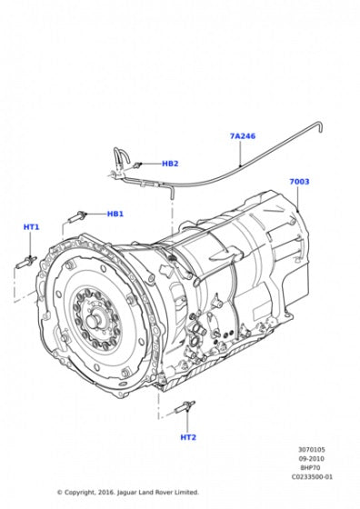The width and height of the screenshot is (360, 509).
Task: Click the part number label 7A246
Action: (x=242, y=136)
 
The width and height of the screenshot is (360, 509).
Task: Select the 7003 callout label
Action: (x=299, y=182)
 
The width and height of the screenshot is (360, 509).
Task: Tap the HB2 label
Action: (x=170, y=164)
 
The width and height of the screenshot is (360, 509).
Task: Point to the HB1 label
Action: (x=115, y=215)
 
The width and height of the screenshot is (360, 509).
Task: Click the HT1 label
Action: (x=32, y=226)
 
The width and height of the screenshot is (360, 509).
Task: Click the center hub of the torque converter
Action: (x=93, y=322)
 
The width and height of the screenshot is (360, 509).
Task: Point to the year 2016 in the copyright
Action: (x=111, y=493)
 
